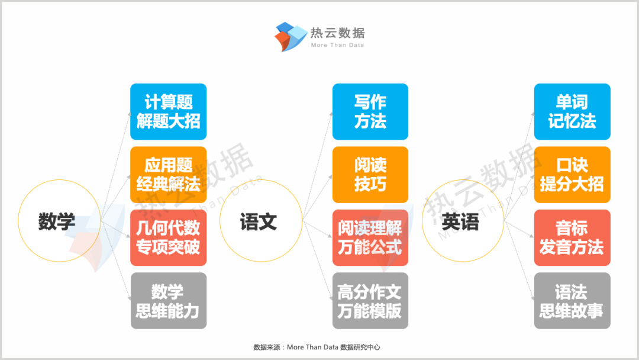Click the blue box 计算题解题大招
[168, 112]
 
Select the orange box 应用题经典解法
[168, 175]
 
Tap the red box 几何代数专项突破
[168, 237]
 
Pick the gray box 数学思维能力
[168, 301]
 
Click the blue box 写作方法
[370, 112]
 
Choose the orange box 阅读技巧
[370, 175]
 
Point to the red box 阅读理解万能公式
[370, 237]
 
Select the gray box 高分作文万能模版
[370, 301]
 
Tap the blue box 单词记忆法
[572, 112]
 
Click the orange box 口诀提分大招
[572, 175]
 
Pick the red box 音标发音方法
[572, 237]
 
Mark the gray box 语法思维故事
[572, 301]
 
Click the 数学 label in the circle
[57, 221]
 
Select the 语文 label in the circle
[259, 222]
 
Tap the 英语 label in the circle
[460, 222]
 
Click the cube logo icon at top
[291, 37]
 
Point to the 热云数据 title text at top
[338, 33]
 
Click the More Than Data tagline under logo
[337, 45]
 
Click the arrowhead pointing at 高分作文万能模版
[331, 299]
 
